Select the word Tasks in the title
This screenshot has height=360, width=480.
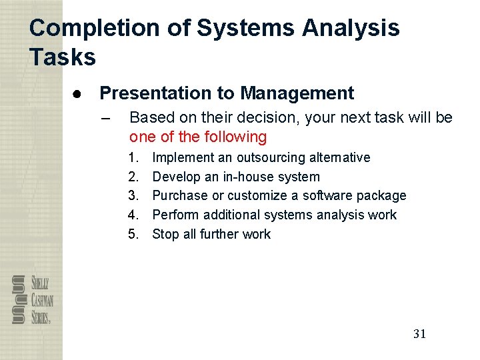tap(63, 57)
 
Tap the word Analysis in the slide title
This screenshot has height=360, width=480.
tap(351, 28)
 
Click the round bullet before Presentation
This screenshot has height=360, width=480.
tap(77, 93)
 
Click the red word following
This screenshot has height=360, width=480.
tap(237, 137)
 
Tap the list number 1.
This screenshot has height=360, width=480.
tap(133, 158)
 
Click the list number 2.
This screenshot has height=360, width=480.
tap(133, 177)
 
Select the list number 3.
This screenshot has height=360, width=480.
tap(133, 196)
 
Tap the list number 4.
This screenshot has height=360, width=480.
tap(133, 215)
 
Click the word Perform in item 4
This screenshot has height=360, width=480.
tap(175, 215)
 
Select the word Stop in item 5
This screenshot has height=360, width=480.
tap(164, 234)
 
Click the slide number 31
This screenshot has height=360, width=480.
tap(419, 334)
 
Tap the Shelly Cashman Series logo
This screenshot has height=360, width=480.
tap(33, 299)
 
